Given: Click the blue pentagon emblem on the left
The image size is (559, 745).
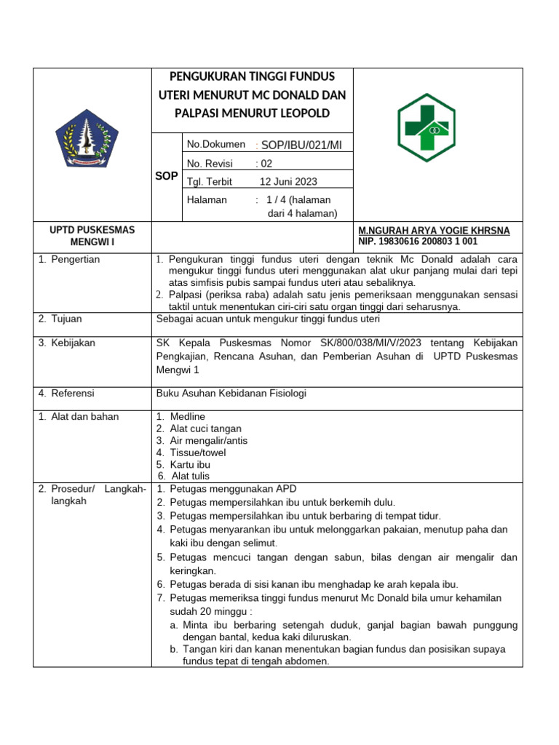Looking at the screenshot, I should click(x=87, y=138).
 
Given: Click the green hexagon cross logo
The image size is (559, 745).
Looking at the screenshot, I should click(x=426, y=127).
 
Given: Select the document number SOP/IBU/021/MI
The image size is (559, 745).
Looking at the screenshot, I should click(x=301, y=146).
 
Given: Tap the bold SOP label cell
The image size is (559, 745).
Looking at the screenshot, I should click(x=167, y=177).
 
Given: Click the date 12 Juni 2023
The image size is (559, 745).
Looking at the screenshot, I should click(x=288, y=181).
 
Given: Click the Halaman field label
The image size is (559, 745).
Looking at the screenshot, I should click(x=207, y=199).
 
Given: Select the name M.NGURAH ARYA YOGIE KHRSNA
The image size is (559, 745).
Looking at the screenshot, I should click(x=434, y=231).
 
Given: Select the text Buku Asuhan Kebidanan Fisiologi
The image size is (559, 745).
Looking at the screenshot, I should click(x=231, y=394).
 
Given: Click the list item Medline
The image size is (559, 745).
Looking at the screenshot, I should click(x=188, y=417).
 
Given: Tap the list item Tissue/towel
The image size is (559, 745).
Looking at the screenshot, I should click(x=197, y=453).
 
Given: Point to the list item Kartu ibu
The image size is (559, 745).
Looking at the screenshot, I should click(x=190, y=464).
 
